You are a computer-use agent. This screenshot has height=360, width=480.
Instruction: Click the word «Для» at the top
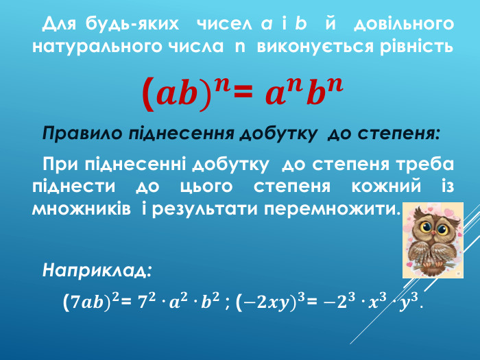(58, 24)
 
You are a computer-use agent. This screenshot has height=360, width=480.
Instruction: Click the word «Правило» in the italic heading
(82, 132)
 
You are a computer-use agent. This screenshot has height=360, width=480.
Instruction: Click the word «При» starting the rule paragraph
(59, 165)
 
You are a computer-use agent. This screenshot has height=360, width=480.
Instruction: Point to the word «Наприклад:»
(97, 269)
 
